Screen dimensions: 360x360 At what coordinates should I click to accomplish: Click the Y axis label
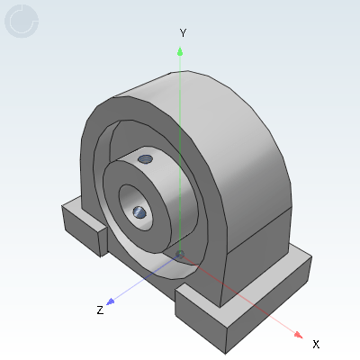point(183,32)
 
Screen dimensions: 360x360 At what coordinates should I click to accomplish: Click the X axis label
point(316,344)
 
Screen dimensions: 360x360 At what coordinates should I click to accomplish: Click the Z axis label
point(100,310)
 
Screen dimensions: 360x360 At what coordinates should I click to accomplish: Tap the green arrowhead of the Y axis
point(180,51)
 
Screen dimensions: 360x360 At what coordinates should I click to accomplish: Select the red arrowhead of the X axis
point(298,335)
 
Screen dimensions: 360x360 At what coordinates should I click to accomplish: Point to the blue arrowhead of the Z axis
point(111,301)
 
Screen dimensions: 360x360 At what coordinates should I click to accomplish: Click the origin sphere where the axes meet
point(180,255)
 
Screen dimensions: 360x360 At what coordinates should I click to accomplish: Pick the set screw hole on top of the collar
point(145,159)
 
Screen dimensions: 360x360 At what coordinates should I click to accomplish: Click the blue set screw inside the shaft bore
point(139,212)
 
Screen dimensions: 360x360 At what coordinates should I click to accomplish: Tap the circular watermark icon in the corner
point(22,21)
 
